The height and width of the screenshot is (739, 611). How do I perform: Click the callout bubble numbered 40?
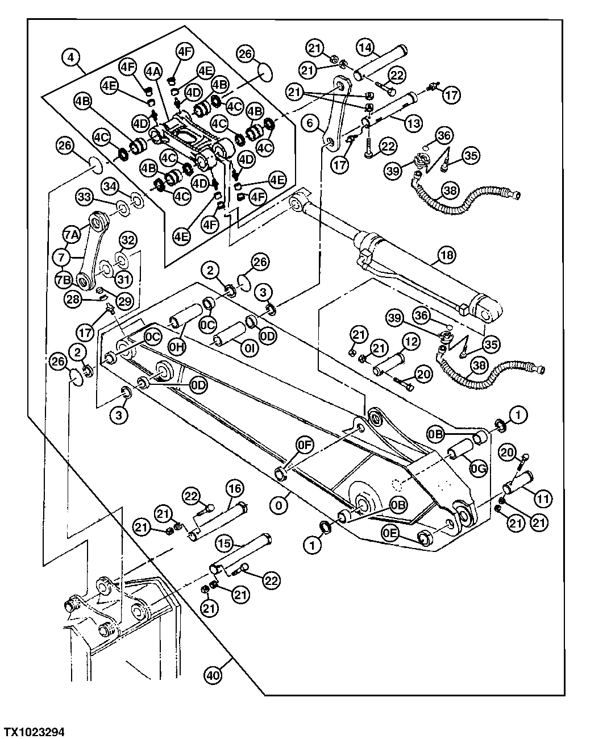[214, 676]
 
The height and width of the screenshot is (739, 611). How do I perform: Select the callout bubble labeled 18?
[447, 255]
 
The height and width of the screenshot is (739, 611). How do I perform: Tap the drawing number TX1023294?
[35, 730]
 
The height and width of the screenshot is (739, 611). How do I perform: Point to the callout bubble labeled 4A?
[152, 72]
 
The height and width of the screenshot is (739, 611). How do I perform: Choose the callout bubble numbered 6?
[310, 122]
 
